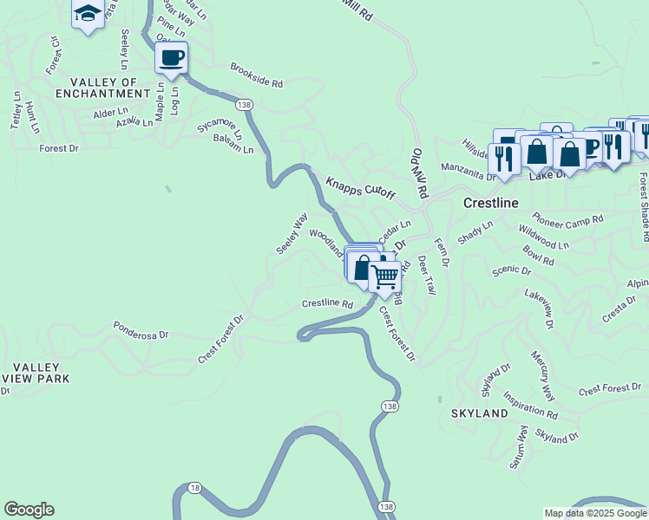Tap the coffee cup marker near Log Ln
coord(171,57)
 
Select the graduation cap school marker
coord(88,13)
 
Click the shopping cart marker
coord(384,277)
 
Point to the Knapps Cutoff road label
coord(360,188)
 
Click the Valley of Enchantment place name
coord(97,88)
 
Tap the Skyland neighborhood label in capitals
coord(479,414)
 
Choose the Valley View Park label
coord(36,374)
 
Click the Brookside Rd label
coord(257,76)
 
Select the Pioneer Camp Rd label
coord(568,220)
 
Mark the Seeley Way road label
coord(292,234)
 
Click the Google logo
coord(29,510)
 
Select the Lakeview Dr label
coord(539,309)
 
